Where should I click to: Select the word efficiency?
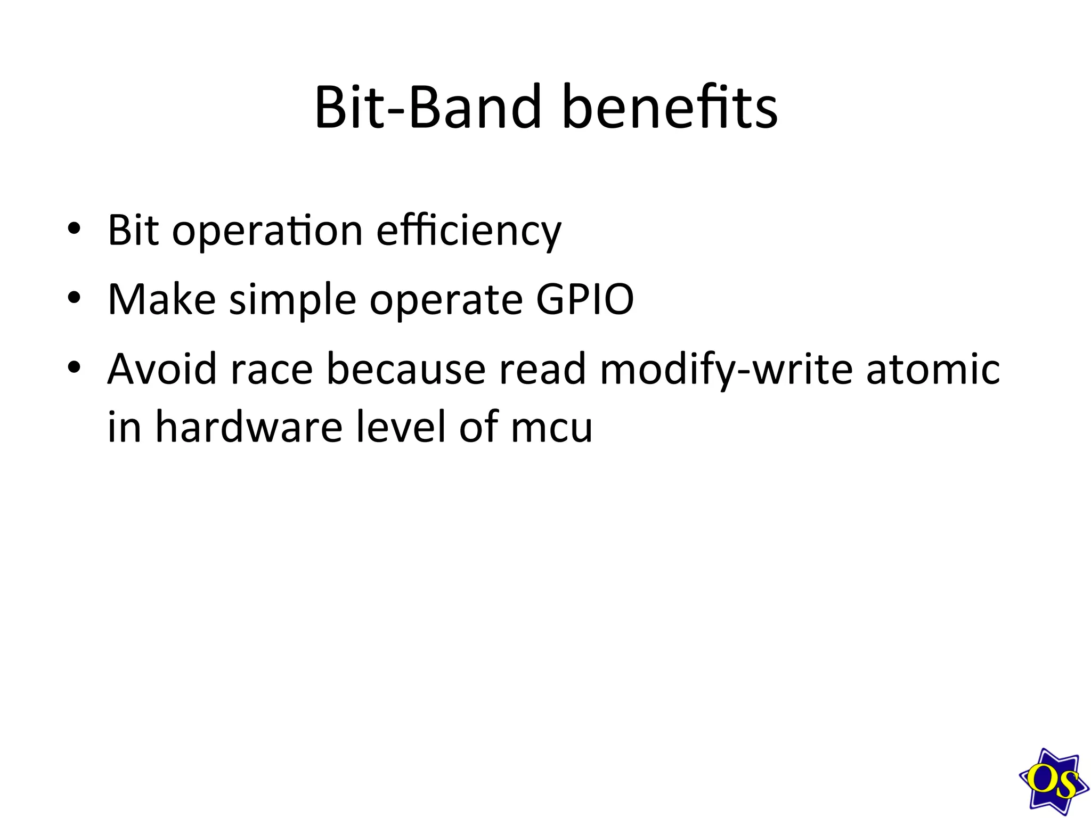[x=469, y=231]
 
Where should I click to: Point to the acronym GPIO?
[x=584, y=299]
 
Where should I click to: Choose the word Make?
[x=161, y=299]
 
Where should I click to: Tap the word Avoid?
[x=162, y=369]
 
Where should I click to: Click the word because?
[x=405, y=369]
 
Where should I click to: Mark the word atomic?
[x=933, y=369]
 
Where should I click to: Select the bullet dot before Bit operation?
[x=74, y=230]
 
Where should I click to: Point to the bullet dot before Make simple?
[x=74, y=298]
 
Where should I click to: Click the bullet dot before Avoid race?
[x=74, y=367]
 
